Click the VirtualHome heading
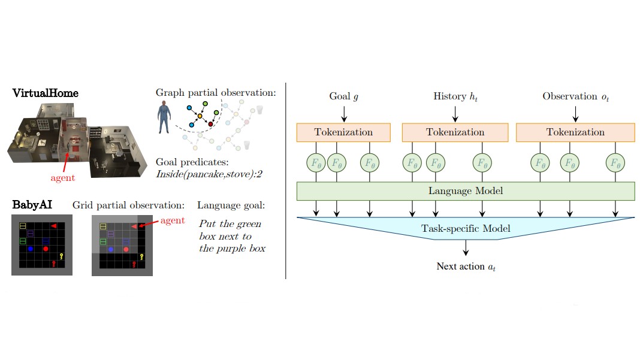point(46,93)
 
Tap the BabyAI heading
point(32,204)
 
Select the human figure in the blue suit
point(164,117)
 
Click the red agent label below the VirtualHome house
point(62,178)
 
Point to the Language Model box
point(465,191)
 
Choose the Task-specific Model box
point(465,228)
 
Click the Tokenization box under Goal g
point(343,132)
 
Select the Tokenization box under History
point(455,132)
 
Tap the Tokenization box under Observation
point(575,132)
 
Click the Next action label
point(466,267)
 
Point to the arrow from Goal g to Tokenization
point(344,114)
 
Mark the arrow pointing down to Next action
point(466,247)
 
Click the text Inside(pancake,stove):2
point(209,174)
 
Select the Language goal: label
point(231,205)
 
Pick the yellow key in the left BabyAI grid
point(61,256)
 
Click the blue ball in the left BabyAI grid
point(30,249)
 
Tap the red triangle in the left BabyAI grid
point(53,226)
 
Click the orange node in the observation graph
point(200,116)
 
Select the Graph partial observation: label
point(216,93)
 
